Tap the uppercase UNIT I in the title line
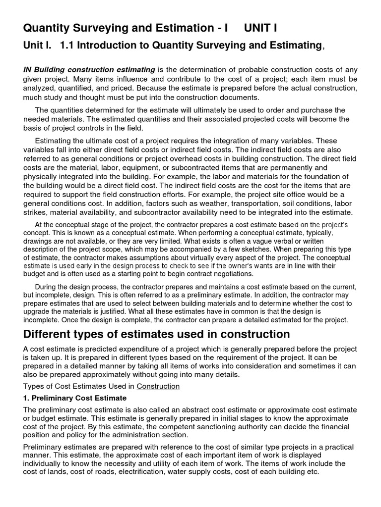click(260, 28)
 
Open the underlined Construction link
click(158, 386)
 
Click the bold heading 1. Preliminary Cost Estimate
click(75, 398)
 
